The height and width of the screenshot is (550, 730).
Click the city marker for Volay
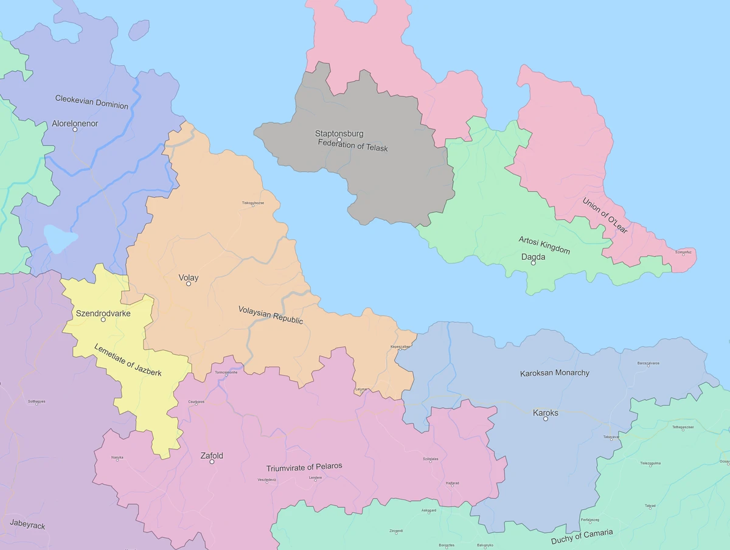coord(189,284)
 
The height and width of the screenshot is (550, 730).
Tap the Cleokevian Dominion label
coord(92,102)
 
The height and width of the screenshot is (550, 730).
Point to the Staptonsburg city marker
coord(339,140)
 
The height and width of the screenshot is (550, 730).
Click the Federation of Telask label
coord(353,148)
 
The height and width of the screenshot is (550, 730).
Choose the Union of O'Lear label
coord(605,215)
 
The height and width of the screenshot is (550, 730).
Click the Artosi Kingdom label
coord(544,245)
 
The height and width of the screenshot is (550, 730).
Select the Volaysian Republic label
coord(271,314)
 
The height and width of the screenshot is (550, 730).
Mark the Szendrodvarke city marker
coord(103,319)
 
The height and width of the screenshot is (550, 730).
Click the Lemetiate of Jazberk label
coord(128,360)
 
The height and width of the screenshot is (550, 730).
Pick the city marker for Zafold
coord(212,462)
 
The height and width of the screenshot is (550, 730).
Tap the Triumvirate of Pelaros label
coord(304,467)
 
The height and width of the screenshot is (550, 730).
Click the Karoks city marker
coord(546,419)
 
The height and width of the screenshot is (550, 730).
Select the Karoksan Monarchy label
coord(555,372)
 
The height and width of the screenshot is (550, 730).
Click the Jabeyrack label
coord(27,525)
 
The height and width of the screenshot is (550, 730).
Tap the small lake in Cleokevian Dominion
coord(60,239)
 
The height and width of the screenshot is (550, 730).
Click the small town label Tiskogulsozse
coord(253,203)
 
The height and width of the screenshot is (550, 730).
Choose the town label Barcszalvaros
coord(648,363)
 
